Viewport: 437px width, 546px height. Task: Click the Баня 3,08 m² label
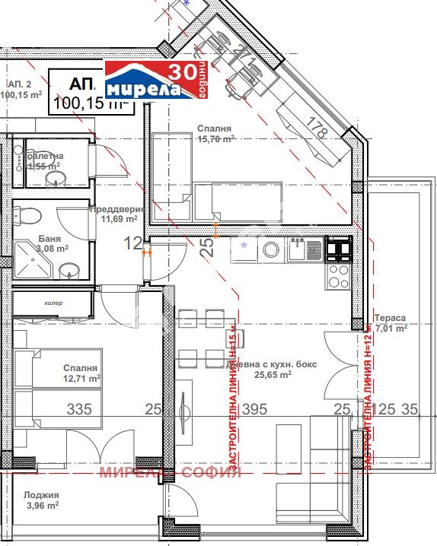tap(52, 243)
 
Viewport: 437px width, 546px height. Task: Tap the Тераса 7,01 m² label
tap(390, 323)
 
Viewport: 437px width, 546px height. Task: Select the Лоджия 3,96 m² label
tap(42, 499)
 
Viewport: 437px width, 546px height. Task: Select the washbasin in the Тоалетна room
tap(55, 178)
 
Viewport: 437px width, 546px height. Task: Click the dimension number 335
tap(79, 410)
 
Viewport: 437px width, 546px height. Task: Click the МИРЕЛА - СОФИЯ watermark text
tap(170, 471)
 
